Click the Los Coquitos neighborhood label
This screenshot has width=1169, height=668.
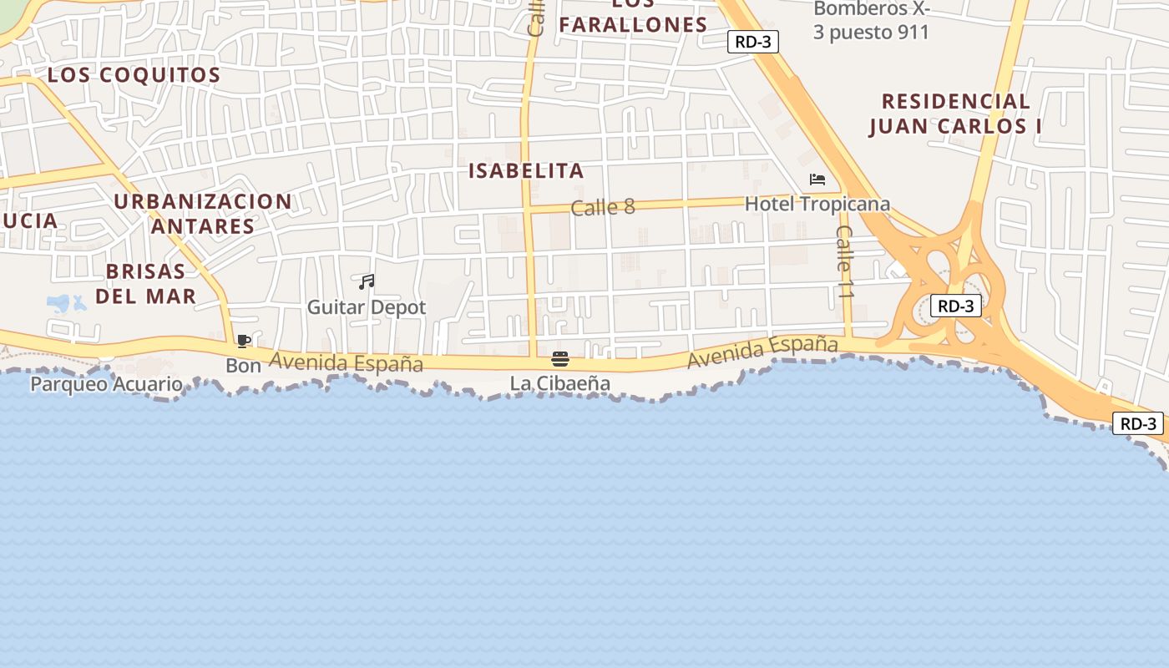point(134,74)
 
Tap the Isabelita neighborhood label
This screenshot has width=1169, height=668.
point(525,171)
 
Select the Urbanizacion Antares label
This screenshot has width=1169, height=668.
point(203,214)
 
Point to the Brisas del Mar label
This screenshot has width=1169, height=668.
point(146,283)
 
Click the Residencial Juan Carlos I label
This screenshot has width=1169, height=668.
point(955,114)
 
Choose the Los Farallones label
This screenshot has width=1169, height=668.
point(633,18)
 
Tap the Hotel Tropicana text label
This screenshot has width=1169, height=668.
point(817,204)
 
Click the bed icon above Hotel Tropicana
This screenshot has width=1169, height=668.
point(817,180)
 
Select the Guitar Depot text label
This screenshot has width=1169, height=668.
point(367,307)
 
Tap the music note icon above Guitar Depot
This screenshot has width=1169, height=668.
point(367,282)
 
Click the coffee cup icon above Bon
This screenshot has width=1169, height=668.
point(243,341)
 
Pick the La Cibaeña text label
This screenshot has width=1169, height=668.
point(560,383)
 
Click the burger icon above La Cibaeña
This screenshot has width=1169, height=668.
point(560,360)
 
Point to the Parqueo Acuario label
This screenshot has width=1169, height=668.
point(106,384)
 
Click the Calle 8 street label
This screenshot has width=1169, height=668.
point(603,207)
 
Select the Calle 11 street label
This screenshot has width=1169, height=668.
point(845,262)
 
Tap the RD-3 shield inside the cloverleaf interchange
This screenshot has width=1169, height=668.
point(956,306)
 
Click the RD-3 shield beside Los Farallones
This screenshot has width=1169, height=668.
point(752,42)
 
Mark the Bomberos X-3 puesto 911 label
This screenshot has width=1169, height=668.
point(871,21)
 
